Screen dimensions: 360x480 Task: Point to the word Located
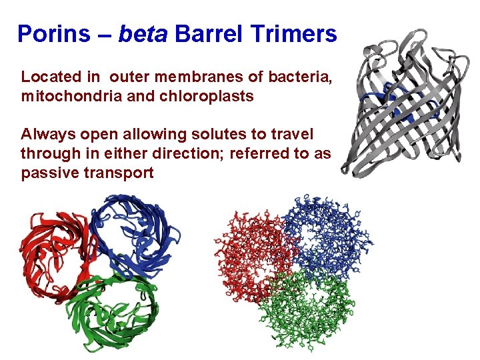coord(49,77)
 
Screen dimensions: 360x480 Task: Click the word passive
coord(46,173)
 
